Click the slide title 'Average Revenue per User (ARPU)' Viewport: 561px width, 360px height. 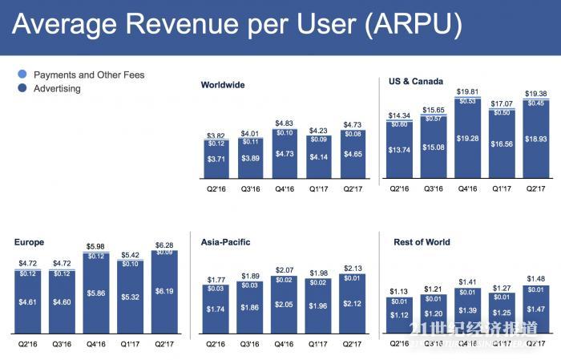(x=237, y=26)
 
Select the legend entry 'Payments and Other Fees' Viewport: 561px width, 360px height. (x=88, y=75)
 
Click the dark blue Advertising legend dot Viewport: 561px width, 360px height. (x=22, y=89)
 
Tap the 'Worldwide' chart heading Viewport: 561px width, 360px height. (x=223, y=85)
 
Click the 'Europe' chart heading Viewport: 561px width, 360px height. (x=29, y=241)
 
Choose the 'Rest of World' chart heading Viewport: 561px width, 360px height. (x=422, y=241)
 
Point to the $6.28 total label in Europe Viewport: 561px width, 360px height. (x=163, y=244)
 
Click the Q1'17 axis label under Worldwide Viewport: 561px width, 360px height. (x=318, y=190)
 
